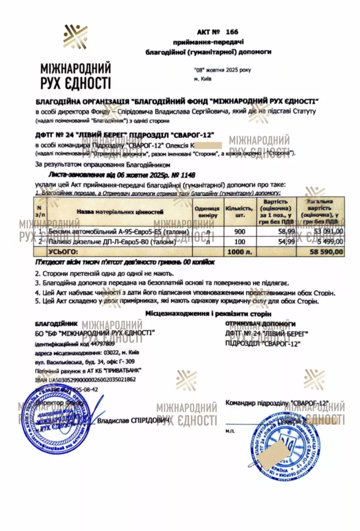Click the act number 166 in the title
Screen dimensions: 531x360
coord(231,32)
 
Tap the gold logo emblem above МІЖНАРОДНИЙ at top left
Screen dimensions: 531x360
coord(75,37)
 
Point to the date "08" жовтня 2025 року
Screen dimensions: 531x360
coord(222,70)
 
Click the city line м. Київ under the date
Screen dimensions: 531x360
coord(203,79)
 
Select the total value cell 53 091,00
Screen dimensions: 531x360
coord(327,231)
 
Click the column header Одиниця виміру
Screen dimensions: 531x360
coord(207,212)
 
